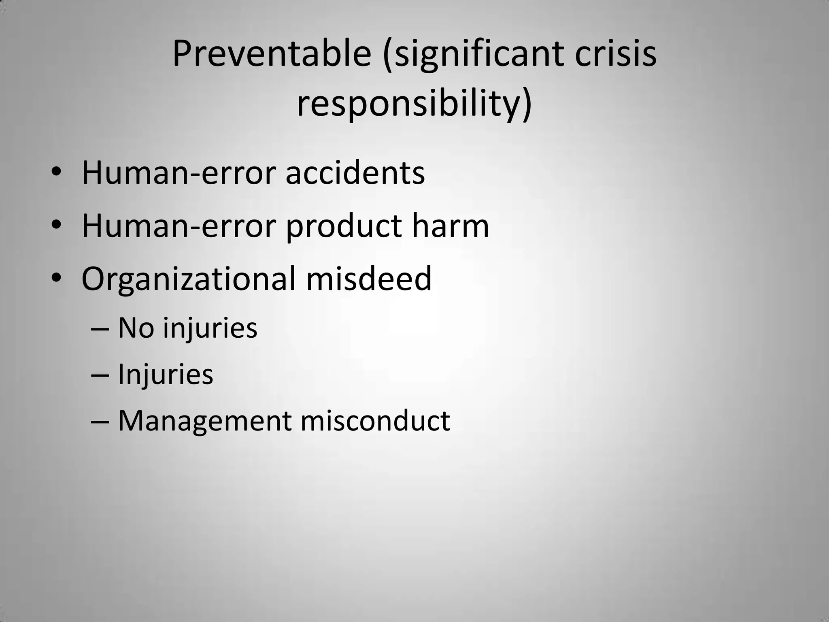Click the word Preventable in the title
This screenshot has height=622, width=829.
pos(272,54)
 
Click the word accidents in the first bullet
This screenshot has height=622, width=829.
pos(355,173)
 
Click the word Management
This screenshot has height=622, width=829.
pos(204,421)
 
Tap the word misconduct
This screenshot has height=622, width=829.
pos(375,421)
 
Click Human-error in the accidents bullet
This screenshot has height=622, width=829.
pos(179,173)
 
